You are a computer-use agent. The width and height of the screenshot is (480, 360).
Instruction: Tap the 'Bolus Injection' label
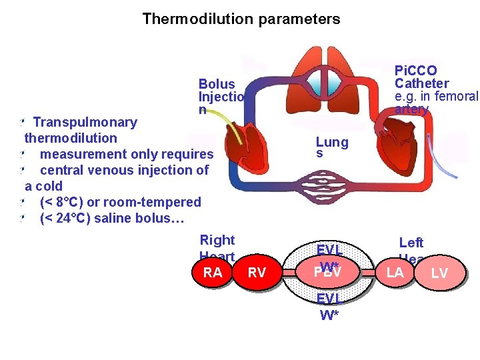221,97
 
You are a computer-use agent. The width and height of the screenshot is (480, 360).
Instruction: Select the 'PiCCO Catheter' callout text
427,83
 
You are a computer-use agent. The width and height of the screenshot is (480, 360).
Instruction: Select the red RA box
213,272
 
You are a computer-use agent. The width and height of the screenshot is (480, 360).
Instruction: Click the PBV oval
327,272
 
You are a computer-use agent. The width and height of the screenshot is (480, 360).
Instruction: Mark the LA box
395,272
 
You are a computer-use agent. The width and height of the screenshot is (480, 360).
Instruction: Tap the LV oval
439,273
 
